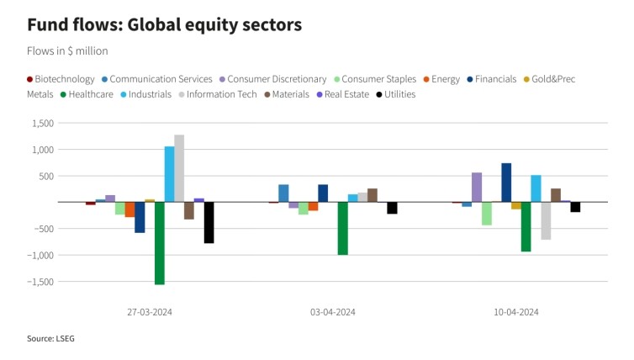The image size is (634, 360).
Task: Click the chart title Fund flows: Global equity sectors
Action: point(164,24)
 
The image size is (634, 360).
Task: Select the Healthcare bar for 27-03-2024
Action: point(159,243)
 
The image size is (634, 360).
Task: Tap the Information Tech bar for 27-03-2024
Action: point(179,168)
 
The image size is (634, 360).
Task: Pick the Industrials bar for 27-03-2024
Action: point(169,174)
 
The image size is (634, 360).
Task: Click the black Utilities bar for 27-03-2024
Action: point(209,223)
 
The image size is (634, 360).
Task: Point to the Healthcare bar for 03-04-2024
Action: point(342,228)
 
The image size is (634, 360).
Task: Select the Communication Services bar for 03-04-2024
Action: point(283,193)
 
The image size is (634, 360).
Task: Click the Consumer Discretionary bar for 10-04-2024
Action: point(477,188)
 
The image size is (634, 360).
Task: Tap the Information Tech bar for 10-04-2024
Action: point(546,220)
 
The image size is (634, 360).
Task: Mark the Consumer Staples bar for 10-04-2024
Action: point(487,214)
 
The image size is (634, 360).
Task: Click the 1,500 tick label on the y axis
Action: point(42,124)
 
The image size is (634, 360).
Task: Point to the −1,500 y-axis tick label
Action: point(40,282)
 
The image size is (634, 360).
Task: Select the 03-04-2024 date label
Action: point(332,311)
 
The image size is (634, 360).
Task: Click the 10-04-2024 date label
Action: point(515,311)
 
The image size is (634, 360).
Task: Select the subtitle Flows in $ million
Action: point(67,50)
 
